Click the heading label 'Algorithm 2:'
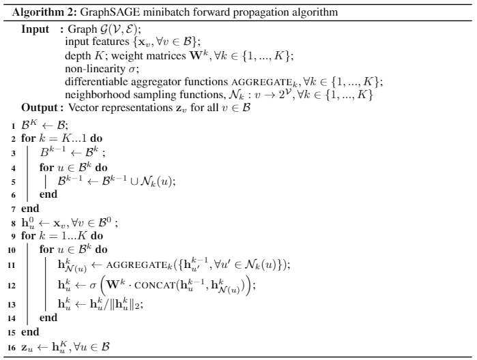click(x=45, y=12)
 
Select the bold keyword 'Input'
click(x=35, y=29)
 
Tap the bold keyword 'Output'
click(x=40, y=108)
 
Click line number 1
click(x=13, y=126)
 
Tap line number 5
click(x=13, y=182)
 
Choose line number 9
click(x=13, y=236)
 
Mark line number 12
click(x=12, y=286)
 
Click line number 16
click(x=12, y=348)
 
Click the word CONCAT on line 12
click(x=155, y=286)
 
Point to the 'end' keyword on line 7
click(x=30, y=209)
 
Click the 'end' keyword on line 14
click(x=48, y=318)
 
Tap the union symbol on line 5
click(x=134, y=182)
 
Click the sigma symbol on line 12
click(x=93, y=286)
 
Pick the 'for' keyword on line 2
click(x=28, y=138)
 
